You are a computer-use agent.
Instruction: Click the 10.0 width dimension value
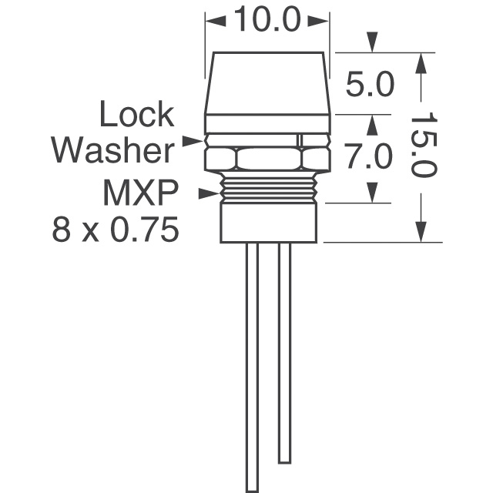(267, 20)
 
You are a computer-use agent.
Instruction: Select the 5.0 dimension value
(370, 84)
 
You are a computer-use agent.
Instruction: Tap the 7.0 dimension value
(368, 156)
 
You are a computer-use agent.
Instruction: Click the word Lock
(137, 114)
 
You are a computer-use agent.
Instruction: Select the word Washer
(113, 149)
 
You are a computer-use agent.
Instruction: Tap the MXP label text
(140, 192)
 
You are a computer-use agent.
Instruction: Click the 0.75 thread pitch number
(144, 230)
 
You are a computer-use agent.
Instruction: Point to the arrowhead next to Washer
(193, 141)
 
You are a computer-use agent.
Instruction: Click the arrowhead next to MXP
(209, 193)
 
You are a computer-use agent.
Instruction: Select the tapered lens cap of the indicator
(268, 84)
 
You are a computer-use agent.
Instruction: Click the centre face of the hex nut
(268, 159)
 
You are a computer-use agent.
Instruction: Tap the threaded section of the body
(268, 187)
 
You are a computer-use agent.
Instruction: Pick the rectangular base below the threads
(268, 223)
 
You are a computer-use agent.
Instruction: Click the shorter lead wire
(284, 353)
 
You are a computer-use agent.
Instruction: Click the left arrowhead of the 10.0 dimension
(216, 21)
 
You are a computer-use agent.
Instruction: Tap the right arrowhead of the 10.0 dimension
(318, 21)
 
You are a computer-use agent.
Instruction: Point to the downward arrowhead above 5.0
(372, 42)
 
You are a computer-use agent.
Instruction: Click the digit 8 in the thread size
(62, 230)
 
